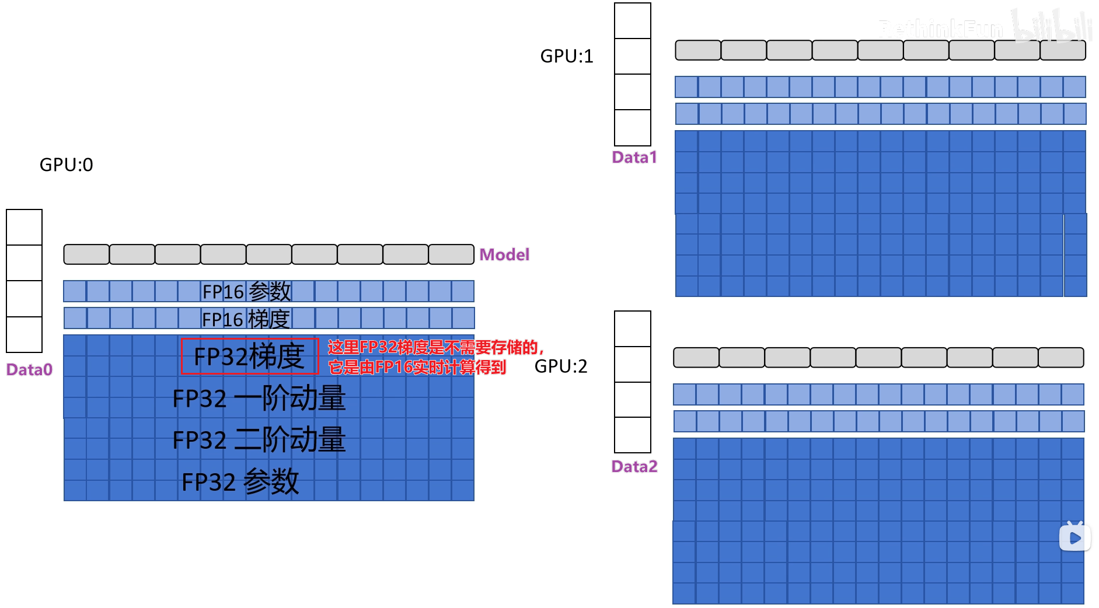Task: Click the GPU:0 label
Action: coord(66,165)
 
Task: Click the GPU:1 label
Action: coord(566,56)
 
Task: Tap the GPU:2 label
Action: coord(560,366)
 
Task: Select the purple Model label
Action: coord(504,254)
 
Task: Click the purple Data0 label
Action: coord(29,369)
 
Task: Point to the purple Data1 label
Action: coord(634,157)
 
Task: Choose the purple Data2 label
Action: coord(634,466)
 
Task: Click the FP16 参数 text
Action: coord(246,291)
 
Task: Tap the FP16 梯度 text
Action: coord(246,319)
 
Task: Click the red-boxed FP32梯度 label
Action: coord(249,356)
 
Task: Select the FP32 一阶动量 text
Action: coord(259,399)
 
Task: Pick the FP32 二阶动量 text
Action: coord(259,440)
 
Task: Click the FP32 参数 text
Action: coord(240,482)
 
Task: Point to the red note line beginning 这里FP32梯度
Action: coord(435,347)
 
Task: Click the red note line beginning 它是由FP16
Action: coord(417,367)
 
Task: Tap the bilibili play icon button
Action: coord(1074,537)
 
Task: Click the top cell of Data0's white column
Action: coord(24,227)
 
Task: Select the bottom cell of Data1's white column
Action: coord(632,128)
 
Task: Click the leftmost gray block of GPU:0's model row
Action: coord(86,254)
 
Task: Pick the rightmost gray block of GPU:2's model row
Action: coord(1060,357)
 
